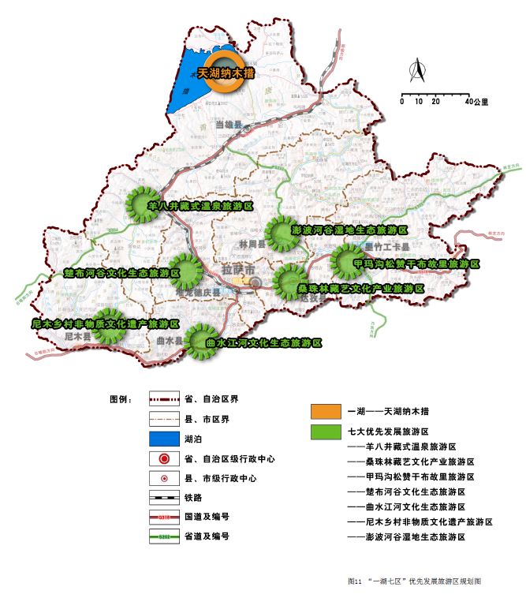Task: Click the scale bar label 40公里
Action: [476, 102]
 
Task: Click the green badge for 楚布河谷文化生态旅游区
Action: [185, 271]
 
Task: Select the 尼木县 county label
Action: [77, 337]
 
